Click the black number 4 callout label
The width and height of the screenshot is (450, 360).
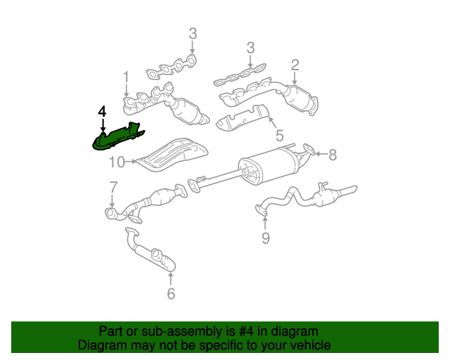102,112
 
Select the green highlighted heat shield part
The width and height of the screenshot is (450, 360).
117,137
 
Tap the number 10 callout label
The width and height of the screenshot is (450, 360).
117,163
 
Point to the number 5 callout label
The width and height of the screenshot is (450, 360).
279,135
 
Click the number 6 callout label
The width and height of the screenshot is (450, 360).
171,293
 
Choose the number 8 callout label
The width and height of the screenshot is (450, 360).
333,154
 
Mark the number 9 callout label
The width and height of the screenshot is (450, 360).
265,238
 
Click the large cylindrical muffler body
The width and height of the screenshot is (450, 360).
270,166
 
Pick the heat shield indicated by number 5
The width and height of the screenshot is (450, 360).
243,118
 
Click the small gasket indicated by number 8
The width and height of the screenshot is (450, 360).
308,148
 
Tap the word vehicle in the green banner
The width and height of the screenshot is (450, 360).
308,345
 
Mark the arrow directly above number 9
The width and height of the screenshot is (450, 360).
265,223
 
